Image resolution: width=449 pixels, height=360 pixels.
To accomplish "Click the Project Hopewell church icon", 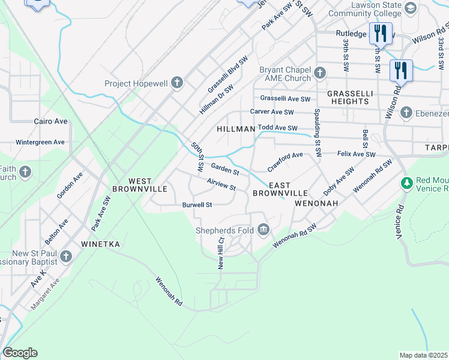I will point(176,83).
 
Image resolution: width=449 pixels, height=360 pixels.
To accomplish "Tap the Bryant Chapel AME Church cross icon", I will point(320,73).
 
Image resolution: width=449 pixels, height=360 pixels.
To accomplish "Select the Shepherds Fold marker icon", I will point(263,229).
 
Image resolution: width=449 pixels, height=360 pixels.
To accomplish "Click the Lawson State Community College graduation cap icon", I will point(411,8).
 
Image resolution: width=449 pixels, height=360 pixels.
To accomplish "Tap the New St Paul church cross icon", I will point(66,257).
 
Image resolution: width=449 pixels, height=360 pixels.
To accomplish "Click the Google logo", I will point(20,353).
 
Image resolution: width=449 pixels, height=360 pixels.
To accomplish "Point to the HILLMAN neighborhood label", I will point(236,129).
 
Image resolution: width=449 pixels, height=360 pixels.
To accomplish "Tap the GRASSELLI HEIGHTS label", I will point(348,97).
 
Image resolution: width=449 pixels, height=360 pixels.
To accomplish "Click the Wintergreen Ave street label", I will point(40,142).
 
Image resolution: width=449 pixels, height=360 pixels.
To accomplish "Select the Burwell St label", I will point(197,205).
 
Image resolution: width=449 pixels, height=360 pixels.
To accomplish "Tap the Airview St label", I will point(221,184).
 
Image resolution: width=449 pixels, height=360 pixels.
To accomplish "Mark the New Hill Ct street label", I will point(221,253).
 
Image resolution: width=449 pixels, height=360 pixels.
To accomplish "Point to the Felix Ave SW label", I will point(356,155).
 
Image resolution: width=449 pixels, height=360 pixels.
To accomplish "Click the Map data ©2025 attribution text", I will point(423,355).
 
